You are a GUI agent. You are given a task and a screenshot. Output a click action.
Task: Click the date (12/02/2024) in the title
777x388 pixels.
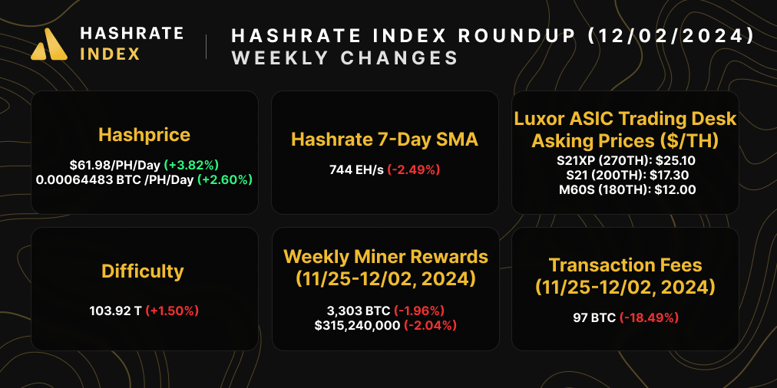point(675,36)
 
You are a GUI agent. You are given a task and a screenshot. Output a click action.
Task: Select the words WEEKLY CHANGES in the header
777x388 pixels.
point(345,58)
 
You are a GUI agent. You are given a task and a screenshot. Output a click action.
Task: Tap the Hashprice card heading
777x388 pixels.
point(144,136)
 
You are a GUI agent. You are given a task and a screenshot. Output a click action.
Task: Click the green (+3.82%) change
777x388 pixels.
point(190,164)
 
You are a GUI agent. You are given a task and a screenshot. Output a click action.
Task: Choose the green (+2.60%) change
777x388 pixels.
point(225,179)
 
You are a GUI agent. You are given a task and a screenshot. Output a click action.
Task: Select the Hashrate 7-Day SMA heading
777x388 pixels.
point(385,140)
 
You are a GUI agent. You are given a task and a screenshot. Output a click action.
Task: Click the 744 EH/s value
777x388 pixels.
point(355,168)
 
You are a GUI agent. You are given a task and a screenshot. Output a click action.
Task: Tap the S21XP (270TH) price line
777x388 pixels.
point(626,162)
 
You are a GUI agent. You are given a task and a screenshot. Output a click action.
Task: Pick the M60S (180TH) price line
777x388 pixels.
point(626,189)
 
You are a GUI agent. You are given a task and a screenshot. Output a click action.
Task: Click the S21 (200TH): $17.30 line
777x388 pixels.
point(626,176)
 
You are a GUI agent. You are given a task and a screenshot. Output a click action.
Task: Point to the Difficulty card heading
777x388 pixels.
point(143,271)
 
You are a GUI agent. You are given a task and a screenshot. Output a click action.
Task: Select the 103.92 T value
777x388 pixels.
point(116,311)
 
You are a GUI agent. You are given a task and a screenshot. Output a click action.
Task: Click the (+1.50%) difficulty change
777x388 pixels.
point(173,311)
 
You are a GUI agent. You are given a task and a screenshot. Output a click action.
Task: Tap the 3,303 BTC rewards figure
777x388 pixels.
point(359,311)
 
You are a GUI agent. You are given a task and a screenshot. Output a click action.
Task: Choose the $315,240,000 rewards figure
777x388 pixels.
point(358,324)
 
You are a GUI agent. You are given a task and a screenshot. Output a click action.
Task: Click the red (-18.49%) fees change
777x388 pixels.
point(650,317)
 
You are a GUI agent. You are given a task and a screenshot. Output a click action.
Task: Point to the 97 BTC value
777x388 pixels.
point(594,317)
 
